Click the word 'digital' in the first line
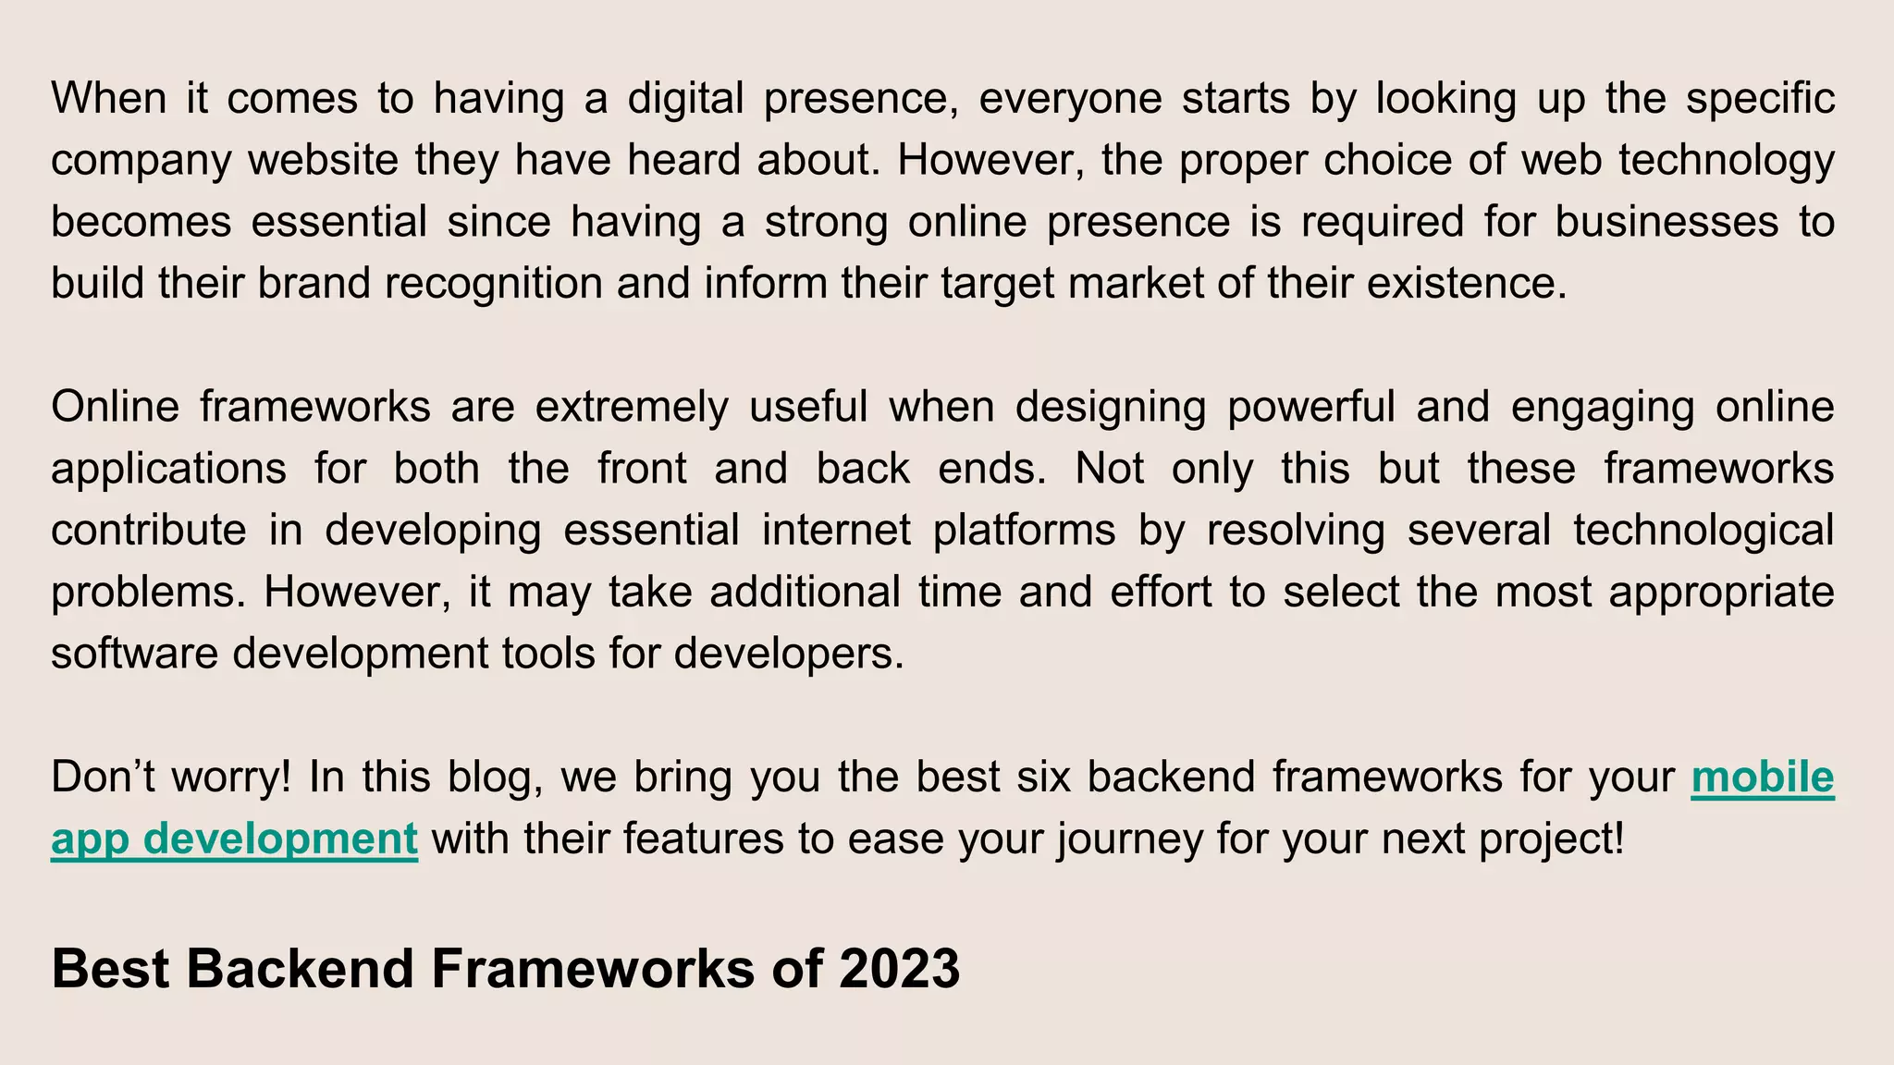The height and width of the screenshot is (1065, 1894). tap(685, 98)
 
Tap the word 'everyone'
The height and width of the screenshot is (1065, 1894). tap(1070, 98)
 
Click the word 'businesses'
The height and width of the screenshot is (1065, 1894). tap(1666, 222)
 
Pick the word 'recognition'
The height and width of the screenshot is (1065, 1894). tap(494, 283)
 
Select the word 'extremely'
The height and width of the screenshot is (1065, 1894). tap(632, 407)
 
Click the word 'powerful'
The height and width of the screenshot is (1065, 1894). tap(1311, 407)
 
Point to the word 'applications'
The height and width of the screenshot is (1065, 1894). tap(169, 469)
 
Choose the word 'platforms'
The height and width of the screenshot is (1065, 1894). tap(1024, 531)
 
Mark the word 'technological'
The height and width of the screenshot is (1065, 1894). tap(1703, 531)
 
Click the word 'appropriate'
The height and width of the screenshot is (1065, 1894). tap(1721, 592)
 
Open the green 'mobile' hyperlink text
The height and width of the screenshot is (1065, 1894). tap(1762, 777)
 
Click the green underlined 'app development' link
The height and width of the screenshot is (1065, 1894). tap(234, 839)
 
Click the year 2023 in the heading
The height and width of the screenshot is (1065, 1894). tap(899, 969)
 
